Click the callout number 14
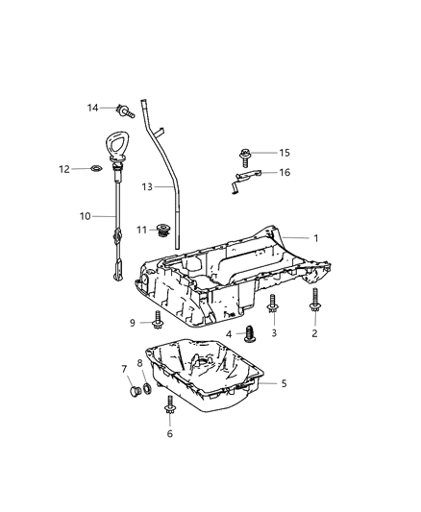click(x=92, y=108)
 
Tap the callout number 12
click(x=91, y=169)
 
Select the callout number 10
click(x=84, y=216)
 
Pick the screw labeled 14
click(x=122, y=109)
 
